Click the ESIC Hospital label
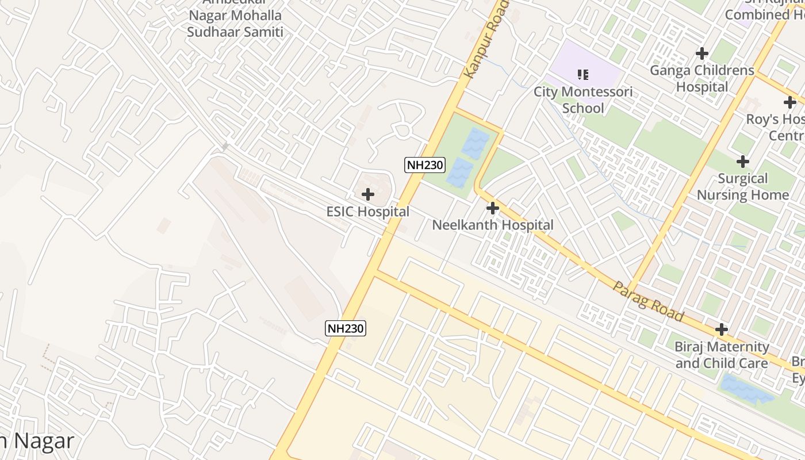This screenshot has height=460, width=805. (368, 212)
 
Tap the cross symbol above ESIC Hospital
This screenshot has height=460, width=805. (368, 194)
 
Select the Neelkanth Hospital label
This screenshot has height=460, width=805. (493, 225)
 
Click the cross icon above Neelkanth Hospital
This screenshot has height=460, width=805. (493, 208)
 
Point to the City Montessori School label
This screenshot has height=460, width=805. (583, 99)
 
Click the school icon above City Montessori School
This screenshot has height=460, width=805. (583, 74)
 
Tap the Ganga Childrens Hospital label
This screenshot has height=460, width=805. (701, 78)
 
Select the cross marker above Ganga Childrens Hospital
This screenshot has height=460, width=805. (701, 53)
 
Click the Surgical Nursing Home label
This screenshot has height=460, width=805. (743, 186)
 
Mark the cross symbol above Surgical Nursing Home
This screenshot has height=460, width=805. (743, 162)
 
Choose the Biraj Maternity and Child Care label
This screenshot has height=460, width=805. (722, 355)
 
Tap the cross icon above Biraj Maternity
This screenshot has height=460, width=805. (722, 329)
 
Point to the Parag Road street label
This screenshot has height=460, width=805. (648, 301)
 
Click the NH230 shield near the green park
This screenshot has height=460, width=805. (425, 165)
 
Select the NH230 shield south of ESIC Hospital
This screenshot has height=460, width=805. (346, 328)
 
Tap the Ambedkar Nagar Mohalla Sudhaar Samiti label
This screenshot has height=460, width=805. (235, 23)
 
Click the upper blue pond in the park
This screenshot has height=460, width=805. (476, 143)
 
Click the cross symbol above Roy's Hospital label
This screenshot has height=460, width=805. (790, 103)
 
